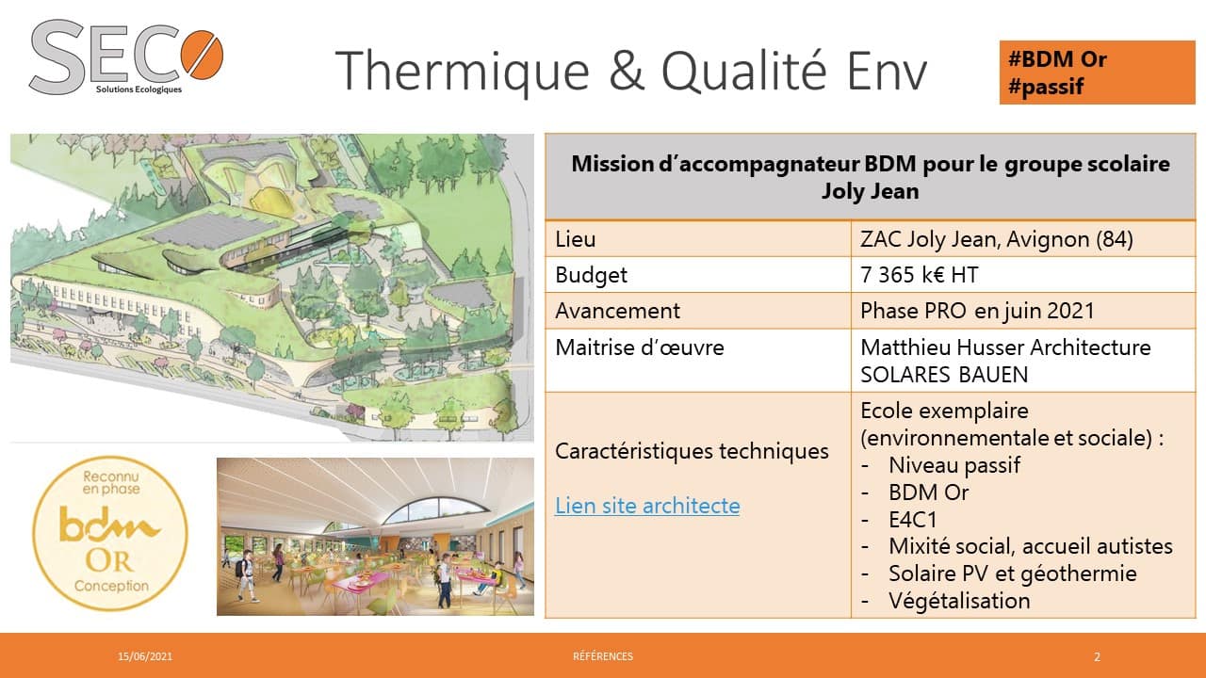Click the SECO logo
tap(126, 58)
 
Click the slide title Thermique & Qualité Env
tap(631, 71)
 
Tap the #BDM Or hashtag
tap(1057, 59)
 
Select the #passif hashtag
tap(1046, 87)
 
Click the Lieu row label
tap(576, 239)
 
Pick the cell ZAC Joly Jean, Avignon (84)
tap(997, 239)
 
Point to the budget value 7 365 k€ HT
tap(919, 275)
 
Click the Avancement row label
tap(617, 311)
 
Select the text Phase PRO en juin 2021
tap(978, 311)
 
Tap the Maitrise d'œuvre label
tap(640, 347)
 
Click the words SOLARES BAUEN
tap(944, 375)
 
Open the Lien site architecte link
tap(647, 506)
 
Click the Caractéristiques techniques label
tap(692, 451)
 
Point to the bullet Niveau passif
tap(954, 465)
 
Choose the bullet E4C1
tap(913, 520)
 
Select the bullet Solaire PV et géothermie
tap(1013, 573)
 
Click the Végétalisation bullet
tap(959, 601)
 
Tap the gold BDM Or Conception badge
tap(110, 534)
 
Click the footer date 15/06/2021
tap(145, 656)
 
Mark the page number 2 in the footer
tap(1098, 656)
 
